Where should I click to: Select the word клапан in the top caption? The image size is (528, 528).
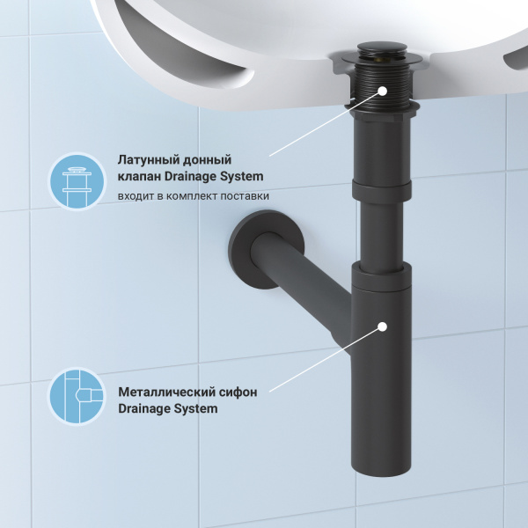click(x=139, y=177)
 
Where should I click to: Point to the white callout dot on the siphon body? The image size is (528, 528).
click(x=383, y=326)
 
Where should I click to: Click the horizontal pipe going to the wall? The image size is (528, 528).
click(x=299, y=282)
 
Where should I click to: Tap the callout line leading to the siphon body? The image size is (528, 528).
click(x=326, y=359)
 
